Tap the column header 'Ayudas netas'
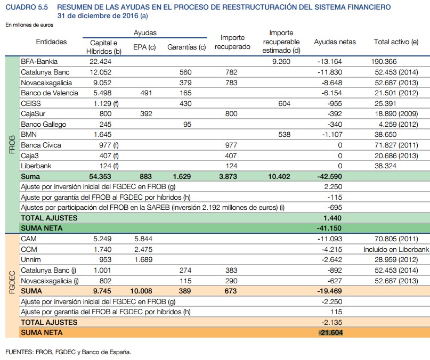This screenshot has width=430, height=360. click(x=335, y=42)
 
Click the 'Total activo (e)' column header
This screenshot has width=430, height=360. click(x=396, y=42)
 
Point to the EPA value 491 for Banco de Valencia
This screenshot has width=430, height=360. click(x=145, y=93)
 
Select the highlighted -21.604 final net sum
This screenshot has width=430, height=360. click(x=330, y=332)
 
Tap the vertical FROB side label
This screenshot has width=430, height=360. click(x=12, y=144)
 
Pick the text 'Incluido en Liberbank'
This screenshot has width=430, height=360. click(x=396, y=249)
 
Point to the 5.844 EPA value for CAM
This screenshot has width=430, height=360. click(x=143, y=239)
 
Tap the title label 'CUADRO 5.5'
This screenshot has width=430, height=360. click(x=27, y=7)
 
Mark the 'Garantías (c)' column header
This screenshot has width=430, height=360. click(x=186, y=47)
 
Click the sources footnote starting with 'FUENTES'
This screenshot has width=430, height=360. click(x=68, y=351)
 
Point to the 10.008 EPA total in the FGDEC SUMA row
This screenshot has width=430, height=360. click(x=141, y=291)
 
